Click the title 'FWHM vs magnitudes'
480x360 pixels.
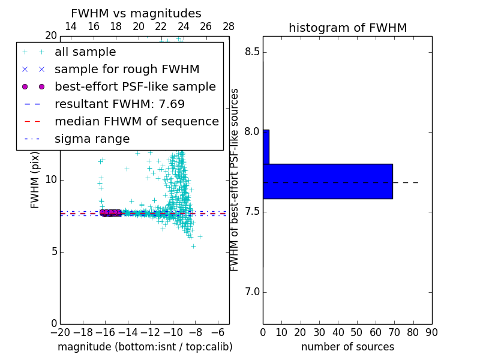[136, 14]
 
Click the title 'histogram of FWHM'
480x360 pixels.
[347, 28]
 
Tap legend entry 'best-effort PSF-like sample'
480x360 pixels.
[135, 87]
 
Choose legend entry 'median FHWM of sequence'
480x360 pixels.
[136, 122]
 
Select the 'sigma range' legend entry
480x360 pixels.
[92, 139]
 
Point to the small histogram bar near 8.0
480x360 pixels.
[266, 147]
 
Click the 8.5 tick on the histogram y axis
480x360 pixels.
[252, 52]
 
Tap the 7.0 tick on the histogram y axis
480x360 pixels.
[252, 292]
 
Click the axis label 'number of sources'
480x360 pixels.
[347, 347]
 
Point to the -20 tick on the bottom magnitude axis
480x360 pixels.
[60, 332]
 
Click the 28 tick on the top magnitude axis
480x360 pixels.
[229, 26]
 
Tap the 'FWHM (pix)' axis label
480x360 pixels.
[35, 181]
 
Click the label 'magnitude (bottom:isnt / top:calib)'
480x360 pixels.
[145, 347]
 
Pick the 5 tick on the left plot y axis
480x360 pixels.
[53, 251]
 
